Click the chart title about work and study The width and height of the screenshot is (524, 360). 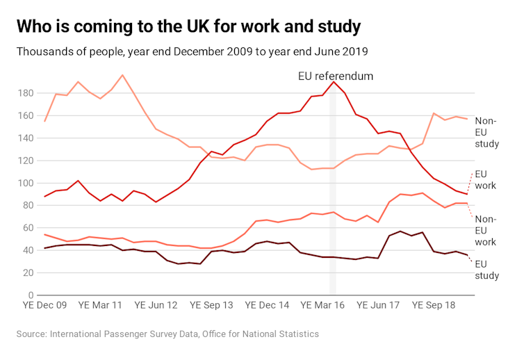(x=188, y=27)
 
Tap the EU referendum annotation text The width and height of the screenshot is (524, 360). (x=336, y=76)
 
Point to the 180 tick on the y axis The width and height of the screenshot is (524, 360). (x=26, y=93)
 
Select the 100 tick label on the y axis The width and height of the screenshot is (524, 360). (x=26, y=183)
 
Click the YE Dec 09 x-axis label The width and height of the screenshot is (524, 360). (x=45, y=305)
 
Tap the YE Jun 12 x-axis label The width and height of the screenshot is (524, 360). (x=156, y=305)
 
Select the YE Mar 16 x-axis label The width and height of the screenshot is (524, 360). (x=322, y=305)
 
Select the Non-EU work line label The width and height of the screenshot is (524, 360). (x=486, y=231)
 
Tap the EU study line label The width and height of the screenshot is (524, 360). (x=486, y=270)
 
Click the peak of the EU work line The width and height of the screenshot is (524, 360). (x=334, y=82)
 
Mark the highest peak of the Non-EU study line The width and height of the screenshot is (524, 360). (x=122, y=75)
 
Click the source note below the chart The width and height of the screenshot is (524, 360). (x=167, y=334)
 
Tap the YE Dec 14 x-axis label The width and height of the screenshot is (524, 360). (x=267, y=305)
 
